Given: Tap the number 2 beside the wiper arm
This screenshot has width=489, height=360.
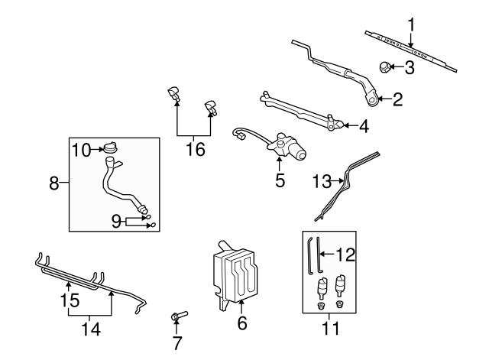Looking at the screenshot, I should pyautogui.click(x=397, y=99).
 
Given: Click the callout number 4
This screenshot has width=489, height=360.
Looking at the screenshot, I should pyautogui.click(x=364, y=127).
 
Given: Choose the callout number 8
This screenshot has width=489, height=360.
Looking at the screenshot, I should pyautogui.click(x=54, y=183).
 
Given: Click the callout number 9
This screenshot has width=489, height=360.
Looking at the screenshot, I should pyautogui.click(x=116, y=222).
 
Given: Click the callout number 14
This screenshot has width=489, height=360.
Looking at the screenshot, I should pyautogui.click(x=90, y=329).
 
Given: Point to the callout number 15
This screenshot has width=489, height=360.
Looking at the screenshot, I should pyautogui.click(x=70, y=301).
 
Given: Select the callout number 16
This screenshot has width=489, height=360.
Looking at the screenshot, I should pyautogui.click(x=196, y=149).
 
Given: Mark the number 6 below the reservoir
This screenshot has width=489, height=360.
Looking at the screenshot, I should pyautogui.click(x=242, y=323).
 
